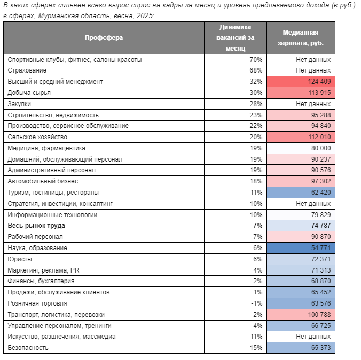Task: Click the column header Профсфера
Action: pos(104,38)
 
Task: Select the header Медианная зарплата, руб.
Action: pos(301,38)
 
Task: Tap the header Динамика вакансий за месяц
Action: pos(236,38)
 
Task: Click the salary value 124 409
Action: pos(319,82)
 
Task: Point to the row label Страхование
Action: pos(27,70)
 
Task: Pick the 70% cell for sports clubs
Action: pos(256,60)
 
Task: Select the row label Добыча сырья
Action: pos(29,93)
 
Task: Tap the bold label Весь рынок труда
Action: pos(36,226)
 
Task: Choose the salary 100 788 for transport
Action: pos(319,315)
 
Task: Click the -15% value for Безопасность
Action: pos(255,348)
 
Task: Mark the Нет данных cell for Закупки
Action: pos(313,104)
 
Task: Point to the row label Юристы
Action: pos(20,259)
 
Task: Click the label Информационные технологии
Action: pos(52,215)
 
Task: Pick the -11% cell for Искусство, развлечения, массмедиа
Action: pos(255,337)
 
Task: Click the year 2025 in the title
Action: pos(144,15)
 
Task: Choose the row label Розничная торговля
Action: pos(37,303)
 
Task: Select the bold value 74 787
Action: pos(321,226)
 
